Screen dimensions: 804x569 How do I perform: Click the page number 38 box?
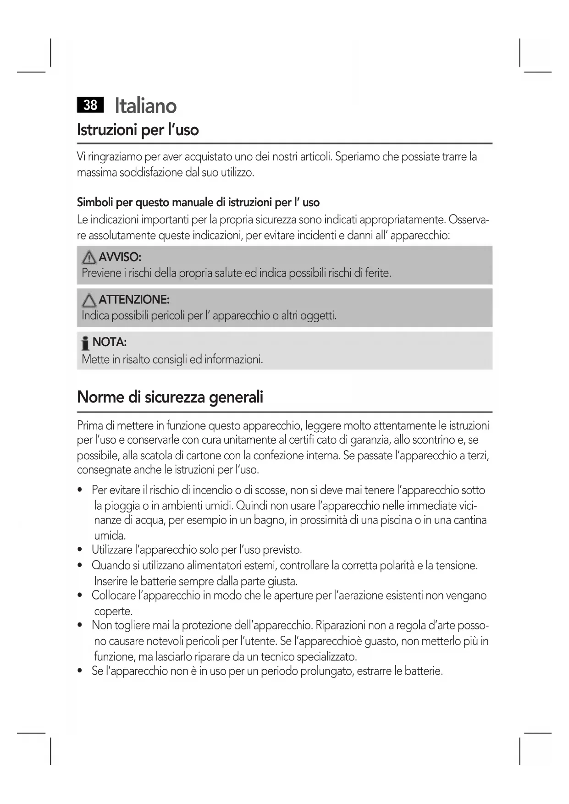point(90,105)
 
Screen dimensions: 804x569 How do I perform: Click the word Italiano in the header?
point(145,106)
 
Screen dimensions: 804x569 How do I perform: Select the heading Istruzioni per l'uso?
point(138,130)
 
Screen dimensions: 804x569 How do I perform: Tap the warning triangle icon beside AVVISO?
point(89,258)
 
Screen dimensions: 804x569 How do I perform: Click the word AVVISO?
point(120,257)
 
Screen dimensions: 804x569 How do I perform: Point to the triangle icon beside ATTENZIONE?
point(89,301)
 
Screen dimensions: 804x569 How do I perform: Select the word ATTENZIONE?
point(134,300)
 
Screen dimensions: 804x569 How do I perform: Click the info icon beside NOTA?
point(85,343)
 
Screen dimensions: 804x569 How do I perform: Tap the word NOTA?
point(110,342)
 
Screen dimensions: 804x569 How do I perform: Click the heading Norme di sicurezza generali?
point(170,397)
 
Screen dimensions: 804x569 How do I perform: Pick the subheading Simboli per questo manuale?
point(198,203)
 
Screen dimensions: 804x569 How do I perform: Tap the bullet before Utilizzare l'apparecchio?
point(80,550)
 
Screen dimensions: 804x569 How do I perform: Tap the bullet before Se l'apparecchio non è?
point(80,672)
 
